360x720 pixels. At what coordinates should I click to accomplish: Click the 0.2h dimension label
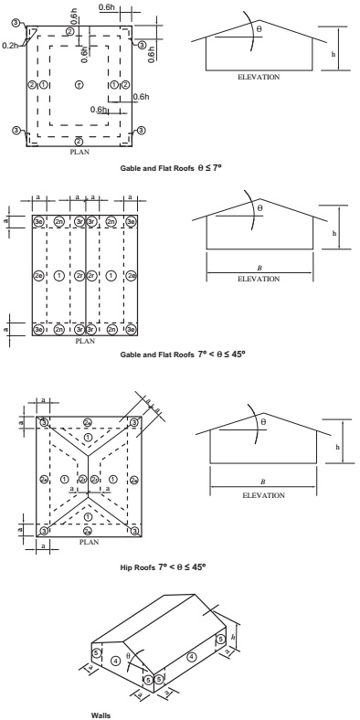tap(10, 42)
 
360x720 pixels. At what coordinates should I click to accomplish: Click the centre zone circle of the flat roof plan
tap(79, 85)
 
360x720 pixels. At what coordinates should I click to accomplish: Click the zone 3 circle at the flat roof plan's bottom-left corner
tap(16, 131)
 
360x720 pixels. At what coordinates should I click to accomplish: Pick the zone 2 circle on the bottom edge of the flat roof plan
tap(79, 142)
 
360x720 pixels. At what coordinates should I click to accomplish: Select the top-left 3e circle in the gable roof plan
tap(38, 221)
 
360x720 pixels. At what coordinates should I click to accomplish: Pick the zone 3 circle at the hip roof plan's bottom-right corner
tap(134, 530)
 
